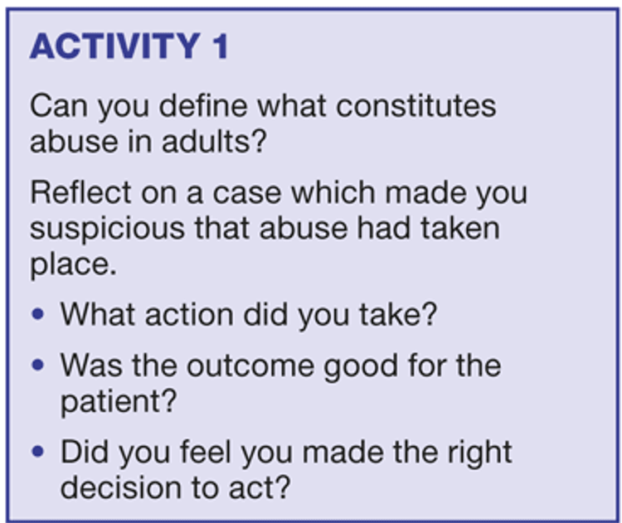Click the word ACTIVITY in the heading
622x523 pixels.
click(115, 46)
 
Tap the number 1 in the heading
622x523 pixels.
click(221, 46)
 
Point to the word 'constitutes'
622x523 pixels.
click(416, 106)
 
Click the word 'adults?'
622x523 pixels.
click(214, 141)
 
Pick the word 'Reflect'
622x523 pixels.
click(81, 192)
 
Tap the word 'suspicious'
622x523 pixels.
click(108, 230)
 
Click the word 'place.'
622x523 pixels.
click(73, 265)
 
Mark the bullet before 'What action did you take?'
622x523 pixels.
click(37, 314)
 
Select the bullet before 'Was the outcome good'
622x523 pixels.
click(37, 365)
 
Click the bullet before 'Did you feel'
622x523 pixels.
click(37, 451)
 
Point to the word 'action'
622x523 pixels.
click(189, 315)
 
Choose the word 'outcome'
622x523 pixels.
click(250, 366)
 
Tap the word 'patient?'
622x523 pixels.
click(119, 402)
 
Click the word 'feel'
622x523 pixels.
click(206, 452)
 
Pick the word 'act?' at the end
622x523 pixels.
click(260, 488)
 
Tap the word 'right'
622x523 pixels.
click(479, 453)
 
